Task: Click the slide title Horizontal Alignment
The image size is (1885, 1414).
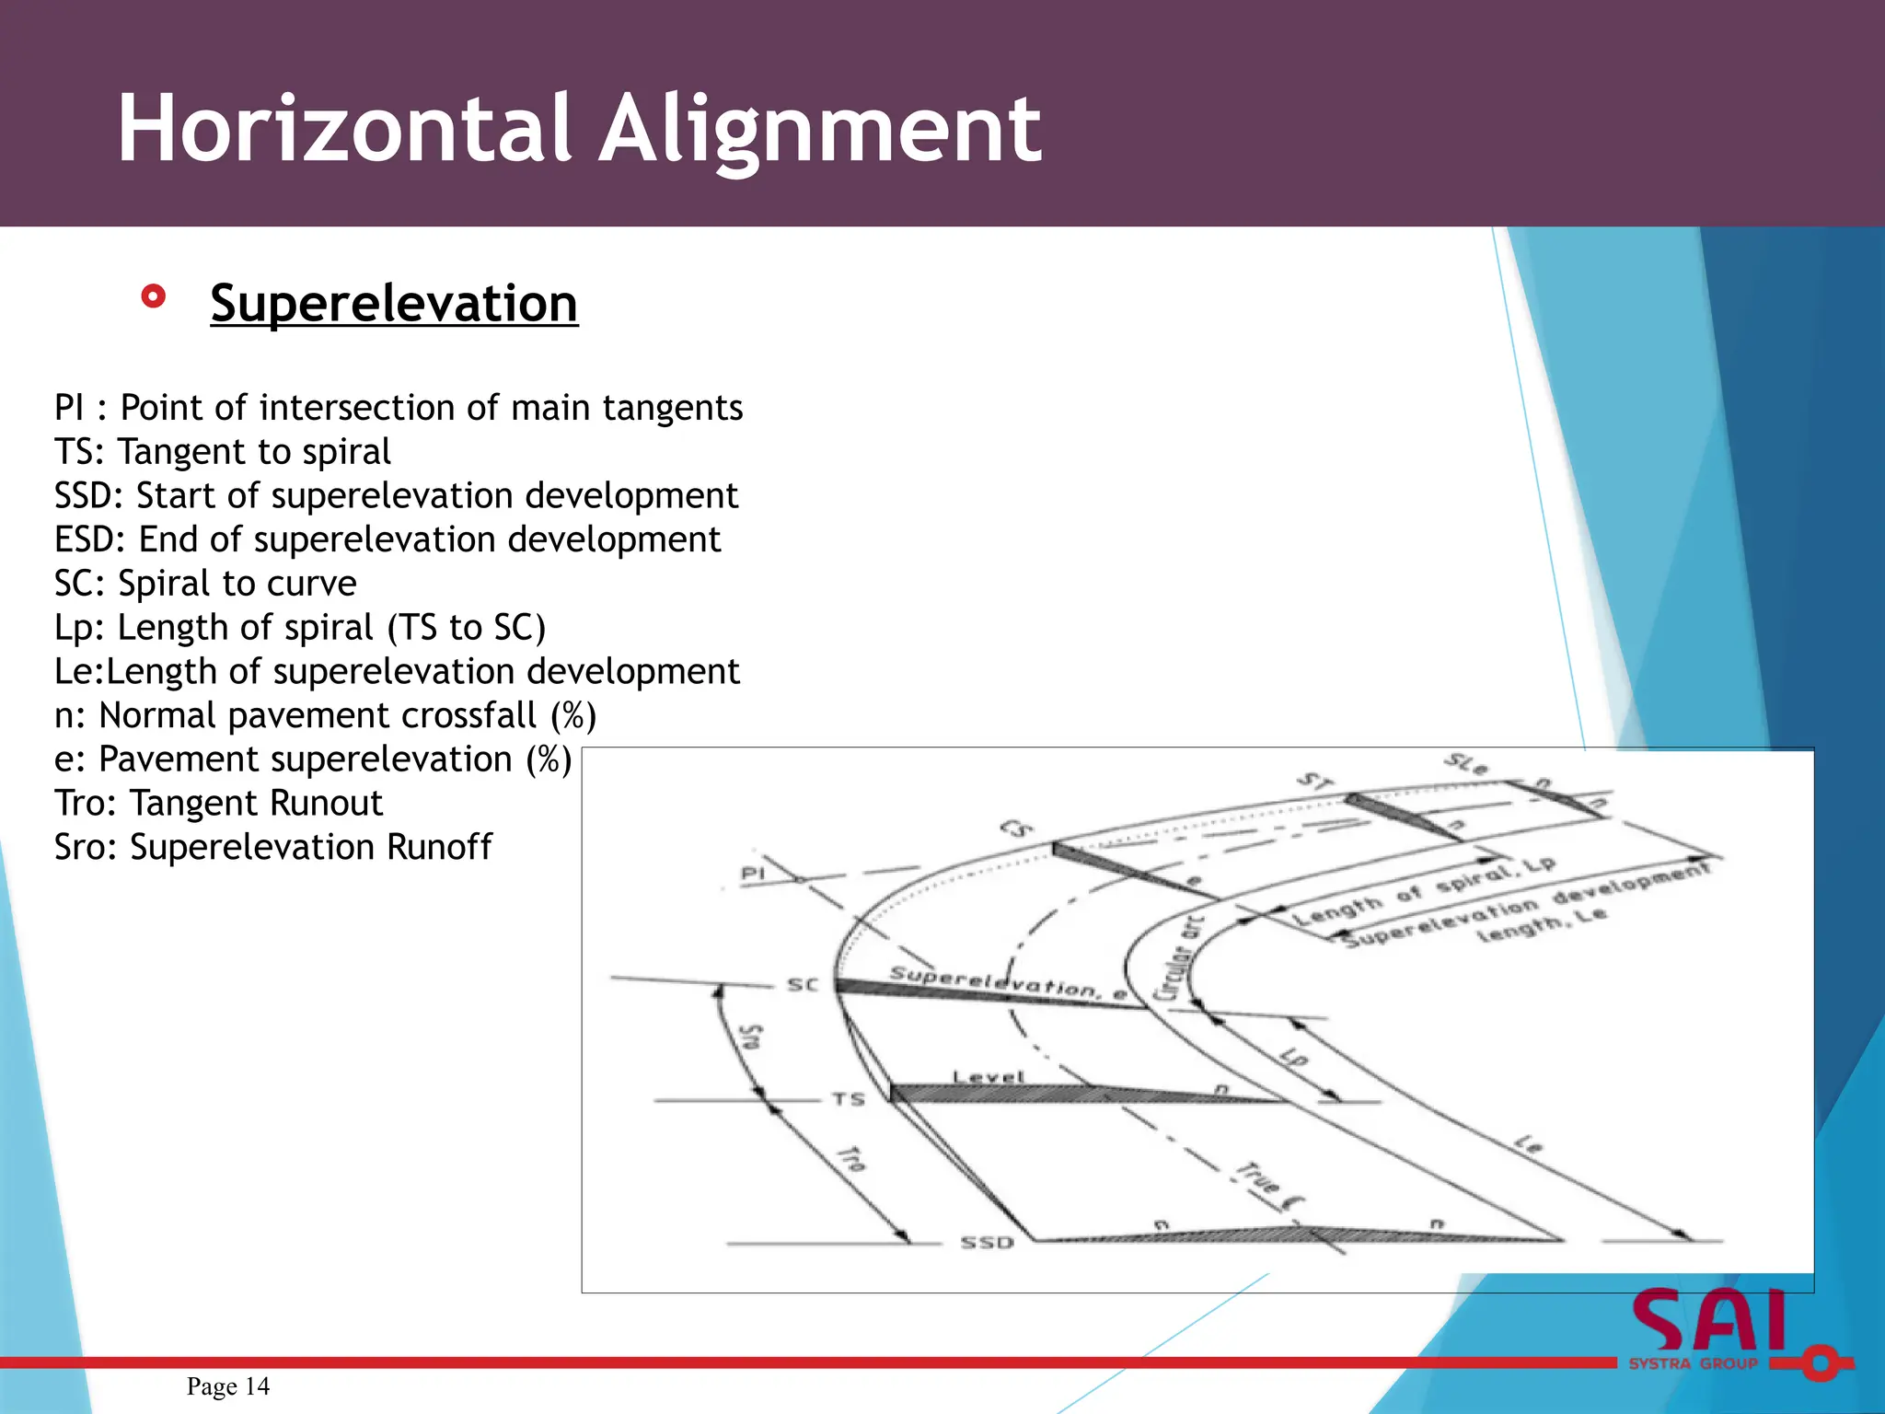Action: (x=580, y=129)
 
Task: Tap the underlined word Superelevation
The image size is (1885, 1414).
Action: (x=394, y=303)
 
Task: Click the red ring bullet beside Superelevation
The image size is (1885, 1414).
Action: (x=154, y=296)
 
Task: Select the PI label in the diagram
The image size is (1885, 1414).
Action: (x=753, y=872)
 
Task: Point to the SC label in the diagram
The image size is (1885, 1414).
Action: (x=802, y=984)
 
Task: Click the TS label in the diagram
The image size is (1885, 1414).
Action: (x=849, y=1098)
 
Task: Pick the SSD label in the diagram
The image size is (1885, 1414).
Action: (x=987, y=1243)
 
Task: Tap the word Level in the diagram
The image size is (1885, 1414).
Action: (x=989, y=1076)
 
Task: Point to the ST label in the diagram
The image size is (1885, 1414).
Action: (x=1315, y=782)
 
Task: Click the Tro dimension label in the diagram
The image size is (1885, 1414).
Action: (x=851, y=1159)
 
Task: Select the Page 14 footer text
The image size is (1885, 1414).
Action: (x=228, y=1386)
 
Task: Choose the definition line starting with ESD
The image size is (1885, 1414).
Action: (x=387, y=539)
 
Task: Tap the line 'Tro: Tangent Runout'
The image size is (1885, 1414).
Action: (x=218, y=803)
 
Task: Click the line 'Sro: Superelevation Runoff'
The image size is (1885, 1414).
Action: (x=273, y=847)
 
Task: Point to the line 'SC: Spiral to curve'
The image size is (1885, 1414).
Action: (x=205, y=584)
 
